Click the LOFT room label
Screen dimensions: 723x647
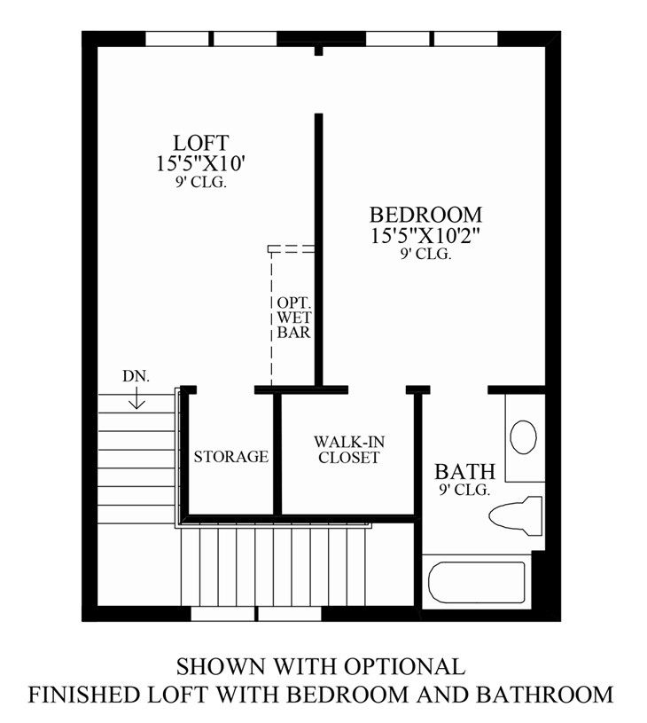click(201, 143)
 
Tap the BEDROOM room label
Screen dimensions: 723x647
click(425, 215)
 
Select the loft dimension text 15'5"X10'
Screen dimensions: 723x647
click(201, 163)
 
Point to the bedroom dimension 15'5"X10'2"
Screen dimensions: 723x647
click(425, 235)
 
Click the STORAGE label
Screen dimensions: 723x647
click(230, 457)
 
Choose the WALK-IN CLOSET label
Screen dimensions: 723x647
click(348, 450)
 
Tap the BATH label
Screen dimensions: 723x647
click(464, 471)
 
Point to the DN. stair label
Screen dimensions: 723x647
click(136, 376)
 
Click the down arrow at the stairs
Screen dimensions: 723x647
click(136, 400)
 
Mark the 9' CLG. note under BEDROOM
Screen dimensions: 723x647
click(425, 254)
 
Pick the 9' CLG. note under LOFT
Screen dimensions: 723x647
click(201, 183)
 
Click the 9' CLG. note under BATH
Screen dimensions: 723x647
click(464, 490)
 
